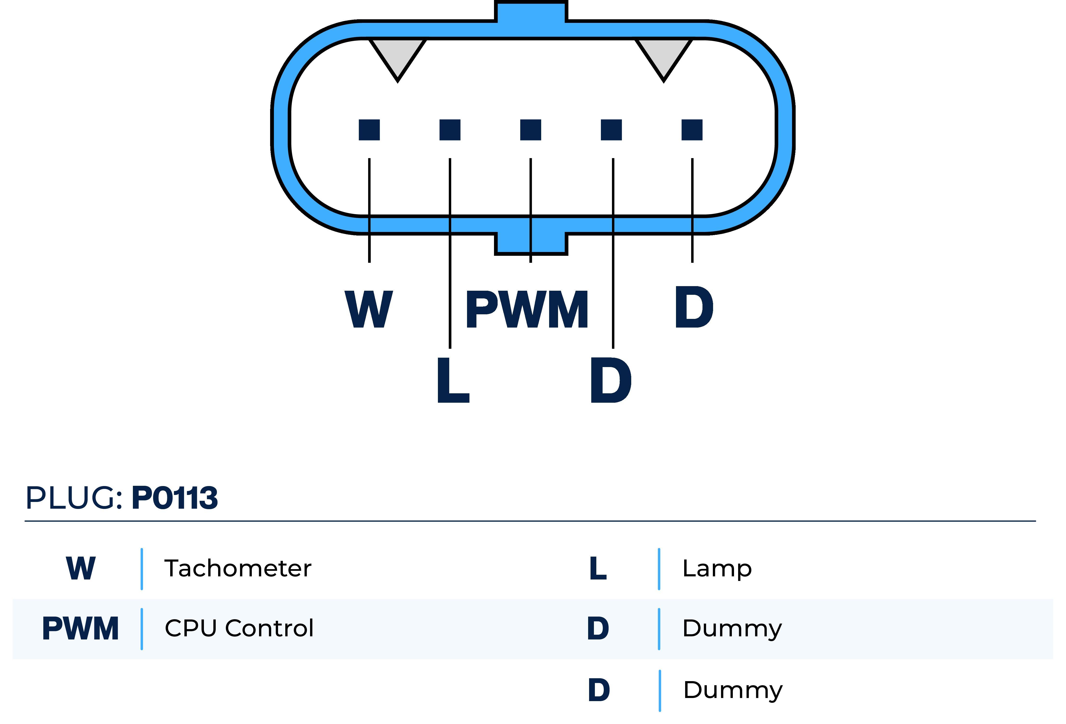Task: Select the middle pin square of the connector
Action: [x=530, y=130]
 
